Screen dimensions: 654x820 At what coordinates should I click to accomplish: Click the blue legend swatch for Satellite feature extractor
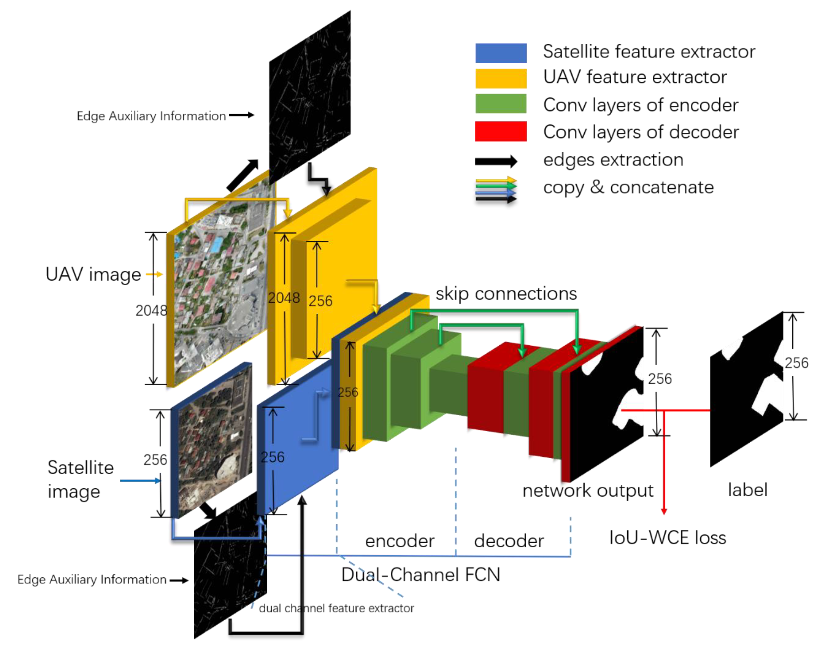click(501, 53)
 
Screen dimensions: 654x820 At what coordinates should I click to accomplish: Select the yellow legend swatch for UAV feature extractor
click(501, 78)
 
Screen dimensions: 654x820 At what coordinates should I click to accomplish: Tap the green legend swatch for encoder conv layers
click(501, 103)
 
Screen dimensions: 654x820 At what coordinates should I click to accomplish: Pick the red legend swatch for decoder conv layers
click(501, 131)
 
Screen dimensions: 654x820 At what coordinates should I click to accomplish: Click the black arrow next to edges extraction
click(496, 161)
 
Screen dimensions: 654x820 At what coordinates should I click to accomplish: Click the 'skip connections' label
click(506, 294)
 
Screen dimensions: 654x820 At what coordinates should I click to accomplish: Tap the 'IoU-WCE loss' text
click(667, 537)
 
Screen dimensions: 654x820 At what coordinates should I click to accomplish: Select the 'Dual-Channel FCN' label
click(420, 574)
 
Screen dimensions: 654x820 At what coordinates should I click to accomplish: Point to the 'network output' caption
click(588, 490)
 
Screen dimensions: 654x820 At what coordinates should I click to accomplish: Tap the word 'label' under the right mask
click(747, 490)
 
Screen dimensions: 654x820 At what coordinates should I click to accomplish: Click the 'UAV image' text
click(93, 274)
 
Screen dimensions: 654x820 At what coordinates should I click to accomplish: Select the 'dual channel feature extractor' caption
click(336, 608)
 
